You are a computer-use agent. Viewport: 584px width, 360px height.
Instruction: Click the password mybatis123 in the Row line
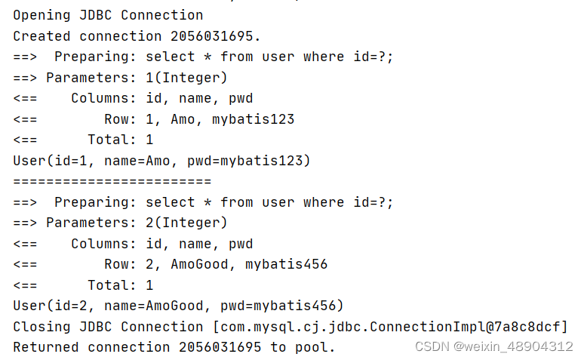point(253,119)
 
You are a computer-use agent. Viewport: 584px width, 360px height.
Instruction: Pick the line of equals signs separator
point(112,181)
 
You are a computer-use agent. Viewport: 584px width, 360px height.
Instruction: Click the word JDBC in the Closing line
point(95,327)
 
